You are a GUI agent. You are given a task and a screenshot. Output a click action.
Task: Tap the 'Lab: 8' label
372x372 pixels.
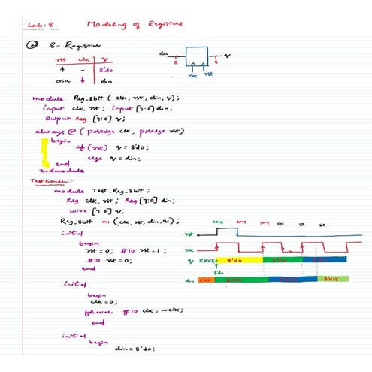[x=37, y=24]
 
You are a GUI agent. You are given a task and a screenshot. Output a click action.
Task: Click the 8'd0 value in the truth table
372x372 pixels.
[x=105, y=71]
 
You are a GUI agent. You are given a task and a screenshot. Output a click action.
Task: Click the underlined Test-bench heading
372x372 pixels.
[x=45, y=180]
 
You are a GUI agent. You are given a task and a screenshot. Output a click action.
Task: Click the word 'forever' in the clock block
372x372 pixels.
[x=98, y=310]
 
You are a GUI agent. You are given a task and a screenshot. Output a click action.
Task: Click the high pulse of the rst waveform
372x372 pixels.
[x=225, y=230]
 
